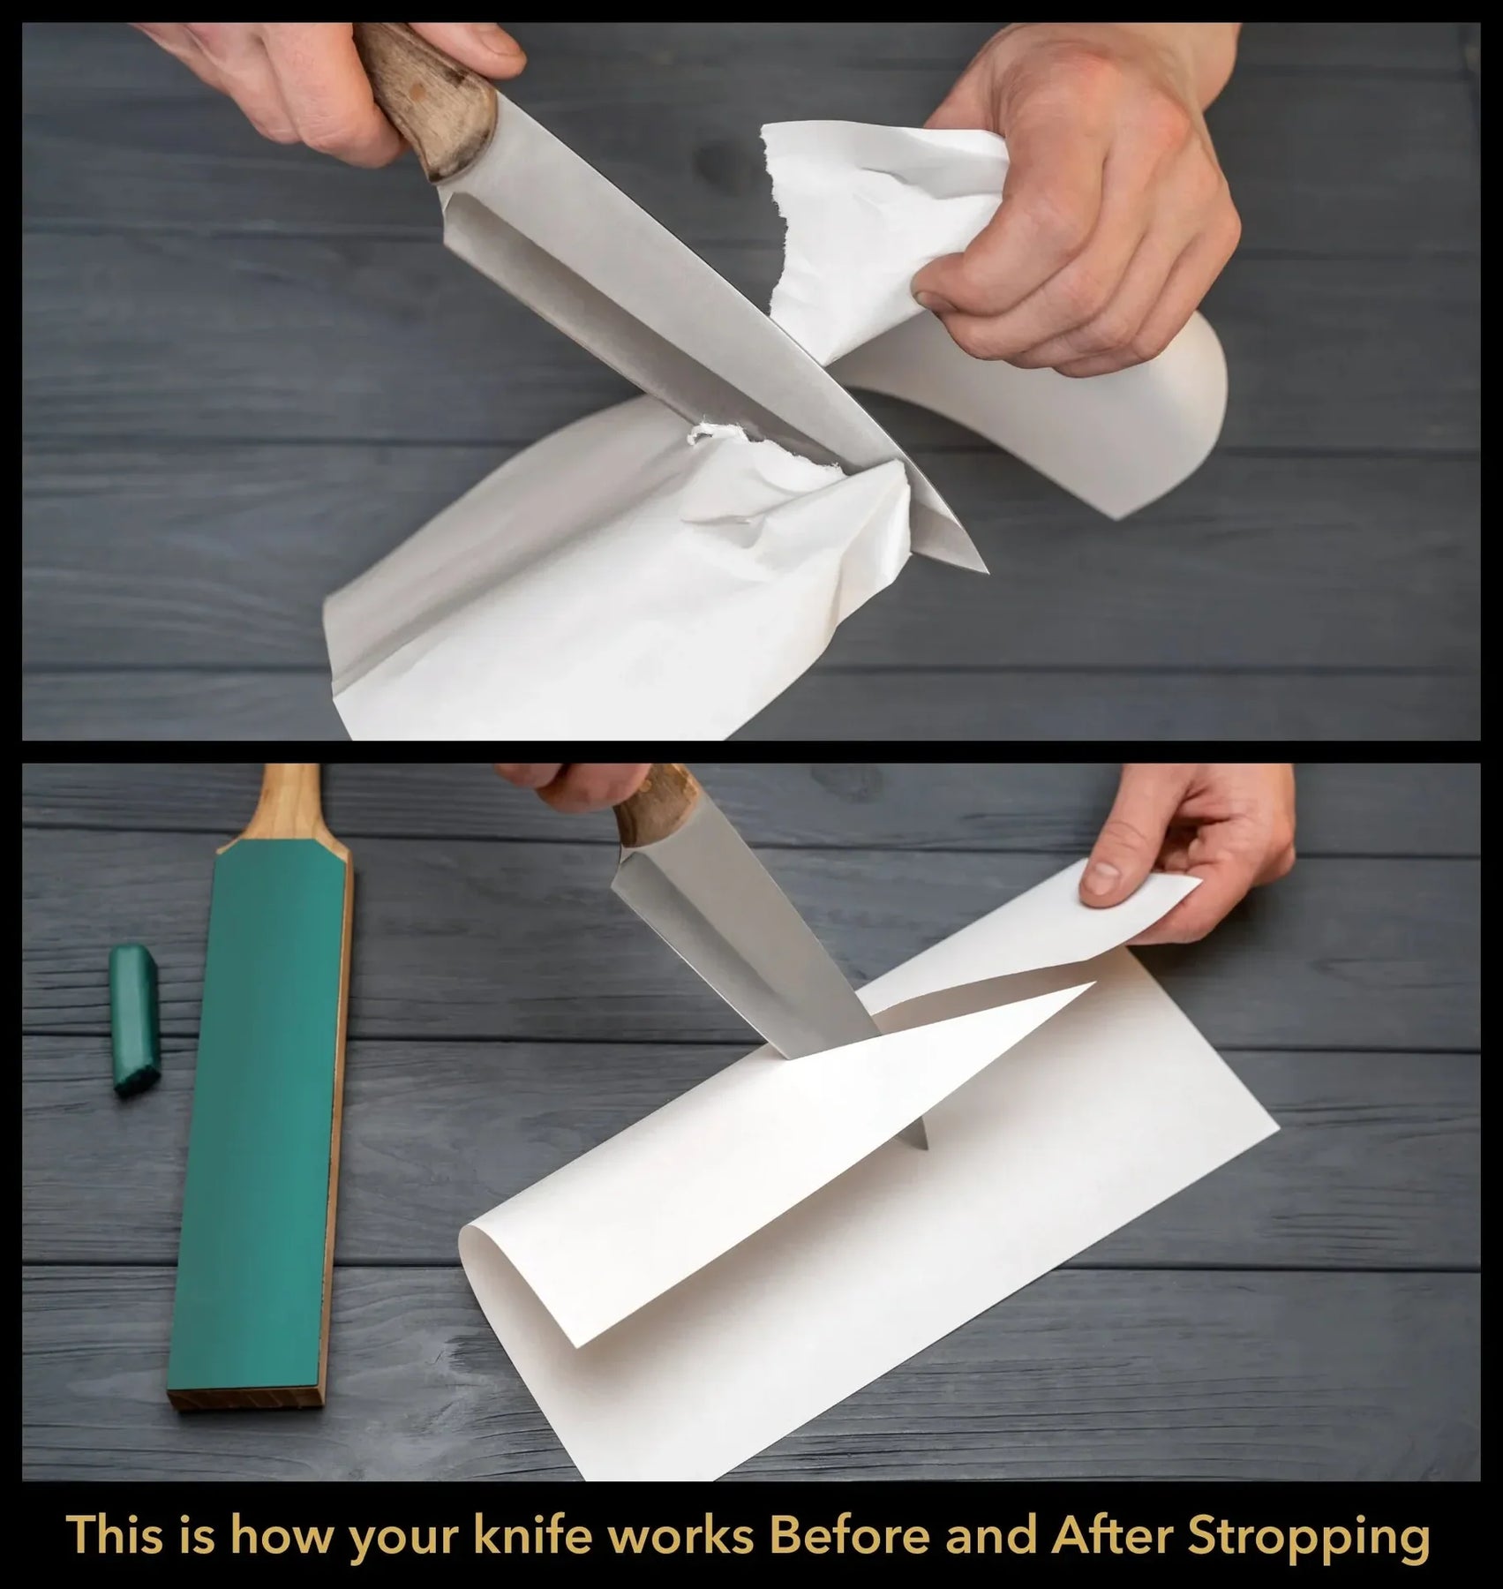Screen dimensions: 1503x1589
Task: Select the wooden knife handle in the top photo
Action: [x=428, y=97]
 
